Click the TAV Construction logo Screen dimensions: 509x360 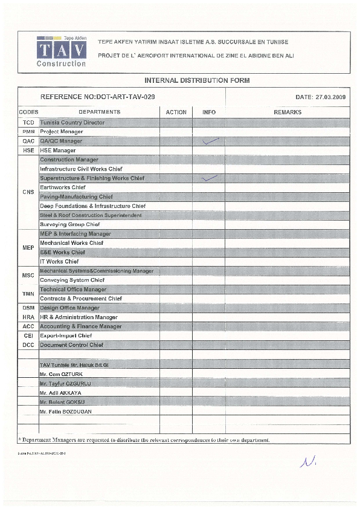point(62,50)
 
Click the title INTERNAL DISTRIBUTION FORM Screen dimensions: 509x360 point(197,80)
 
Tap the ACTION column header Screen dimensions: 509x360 point(176,112)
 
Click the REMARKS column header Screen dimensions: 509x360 point(288,112)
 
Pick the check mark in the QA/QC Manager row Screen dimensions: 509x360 point(210,141)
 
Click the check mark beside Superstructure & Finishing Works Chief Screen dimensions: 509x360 point(210,178)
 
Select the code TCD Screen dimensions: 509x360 point(28,123)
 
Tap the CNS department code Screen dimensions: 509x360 point(28,192)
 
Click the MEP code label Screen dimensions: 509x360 point(28,248)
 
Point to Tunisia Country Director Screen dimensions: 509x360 point(72,123)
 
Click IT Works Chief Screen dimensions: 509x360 point(59,262)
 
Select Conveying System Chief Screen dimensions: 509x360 point(72,280)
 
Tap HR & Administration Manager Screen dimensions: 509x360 point(79,317)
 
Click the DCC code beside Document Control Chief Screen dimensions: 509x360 point(28,345)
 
